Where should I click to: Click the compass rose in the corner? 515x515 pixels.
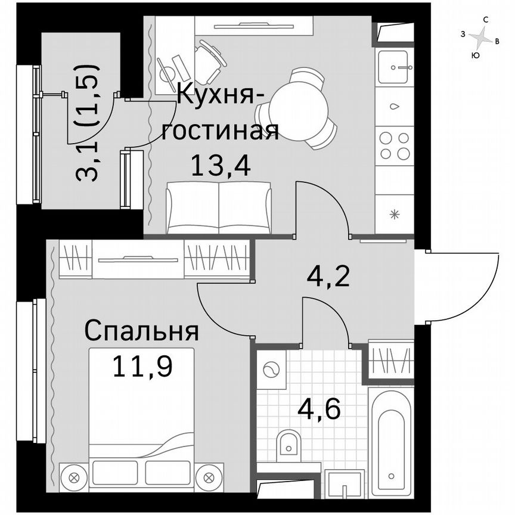(480, 38)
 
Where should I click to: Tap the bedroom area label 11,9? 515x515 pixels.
(143, 366)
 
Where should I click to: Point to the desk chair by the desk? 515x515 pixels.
(208, 62)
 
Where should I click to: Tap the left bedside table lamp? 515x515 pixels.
(74, 477)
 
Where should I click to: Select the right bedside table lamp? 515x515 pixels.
(209, 477)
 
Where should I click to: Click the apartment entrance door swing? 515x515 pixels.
(456, 286)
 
